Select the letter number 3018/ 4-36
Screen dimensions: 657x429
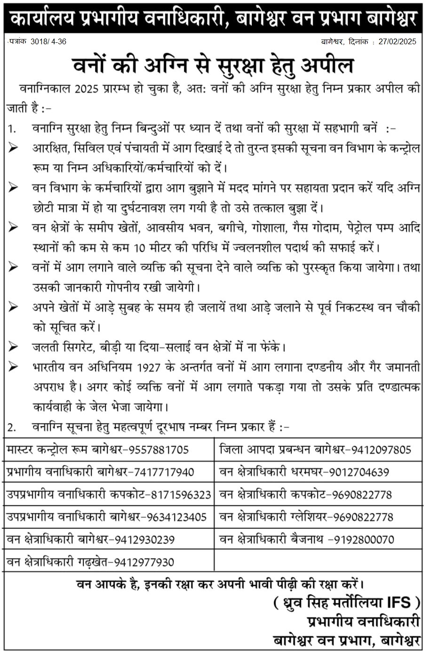(48, 41)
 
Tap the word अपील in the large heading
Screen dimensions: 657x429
(329, 66)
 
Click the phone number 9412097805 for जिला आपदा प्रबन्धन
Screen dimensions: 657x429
(381, 450)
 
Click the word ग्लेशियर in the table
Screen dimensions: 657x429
(309, 517)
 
